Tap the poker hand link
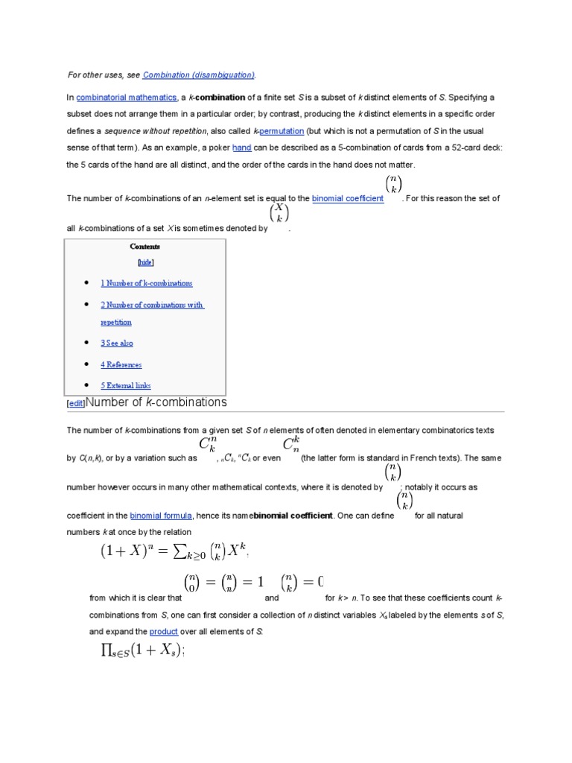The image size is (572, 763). point(242,148)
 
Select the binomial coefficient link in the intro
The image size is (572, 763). point(348,198)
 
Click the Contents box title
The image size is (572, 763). point(145,247)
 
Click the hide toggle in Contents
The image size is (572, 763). point(145,262)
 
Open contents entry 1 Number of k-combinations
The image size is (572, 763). point(147,283)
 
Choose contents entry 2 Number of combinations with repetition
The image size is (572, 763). point(152,305)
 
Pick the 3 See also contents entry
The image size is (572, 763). point(117,343)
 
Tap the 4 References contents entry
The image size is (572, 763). point(121,365)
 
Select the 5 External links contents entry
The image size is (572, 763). point(126,386)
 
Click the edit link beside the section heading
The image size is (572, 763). point(76,403)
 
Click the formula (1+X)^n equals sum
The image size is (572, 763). point(174,551)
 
